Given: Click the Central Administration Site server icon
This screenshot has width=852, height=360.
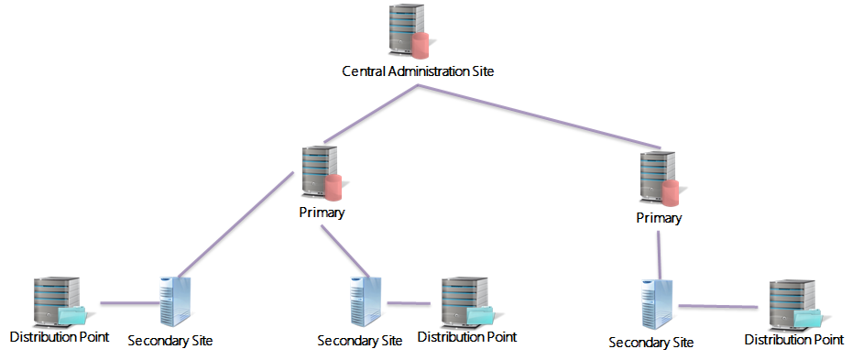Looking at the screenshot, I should tap(406, 31).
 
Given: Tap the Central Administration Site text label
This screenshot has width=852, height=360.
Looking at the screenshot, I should tap(418, 71).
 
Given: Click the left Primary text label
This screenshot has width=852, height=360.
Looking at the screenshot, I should tap(322, 213).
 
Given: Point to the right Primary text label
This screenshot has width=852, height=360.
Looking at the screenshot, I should tap(659, 218).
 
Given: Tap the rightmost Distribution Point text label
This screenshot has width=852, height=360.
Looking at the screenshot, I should tap(793, 340).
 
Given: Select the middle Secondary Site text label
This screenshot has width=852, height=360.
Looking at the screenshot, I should tap(360, 340).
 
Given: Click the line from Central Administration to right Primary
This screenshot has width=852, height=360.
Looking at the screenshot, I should tap(541, 117).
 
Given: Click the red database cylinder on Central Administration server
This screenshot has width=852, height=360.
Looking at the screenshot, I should tap(421, 44).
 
